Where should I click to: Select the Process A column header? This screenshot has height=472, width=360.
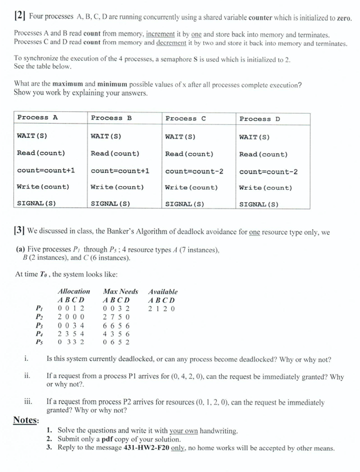tap(37, 117)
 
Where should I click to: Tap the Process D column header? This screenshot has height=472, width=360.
tap(260, 119)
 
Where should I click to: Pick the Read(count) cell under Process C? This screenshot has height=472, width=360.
tap(189, 154)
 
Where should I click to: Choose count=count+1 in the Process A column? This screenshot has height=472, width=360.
tap(46, 170)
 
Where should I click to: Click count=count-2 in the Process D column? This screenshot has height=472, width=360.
tap(269, 172)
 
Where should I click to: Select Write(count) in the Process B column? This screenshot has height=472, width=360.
tap(117, 187)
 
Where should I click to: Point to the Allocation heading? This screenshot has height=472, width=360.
tap(74, 291)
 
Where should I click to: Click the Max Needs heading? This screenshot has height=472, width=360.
tap(120, 291)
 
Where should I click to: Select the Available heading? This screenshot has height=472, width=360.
tap(162, 291)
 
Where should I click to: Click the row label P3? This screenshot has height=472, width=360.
tap(39, 325)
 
